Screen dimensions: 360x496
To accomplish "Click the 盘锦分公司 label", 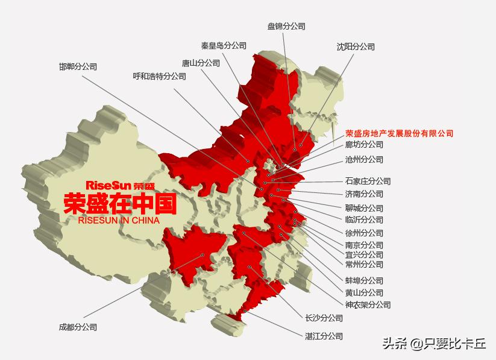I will point(286,27).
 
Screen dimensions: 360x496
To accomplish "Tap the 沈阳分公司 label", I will point(356,46).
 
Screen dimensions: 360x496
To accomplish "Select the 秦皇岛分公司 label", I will point(224,45).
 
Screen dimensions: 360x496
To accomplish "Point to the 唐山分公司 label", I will point(201,63).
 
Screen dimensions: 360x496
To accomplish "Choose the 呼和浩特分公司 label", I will point(160,77).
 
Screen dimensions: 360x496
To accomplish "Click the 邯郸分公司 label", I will point(78,67).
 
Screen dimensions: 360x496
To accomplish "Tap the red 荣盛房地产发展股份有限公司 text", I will point(399,133).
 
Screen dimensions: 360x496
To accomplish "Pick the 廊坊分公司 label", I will point(364,145).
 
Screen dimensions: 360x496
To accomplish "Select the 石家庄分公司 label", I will point(368,181).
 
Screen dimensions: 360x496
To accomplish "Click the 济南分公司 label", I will point(364,194).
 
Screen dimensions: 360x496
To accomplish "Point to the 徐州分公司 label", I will point(364,233).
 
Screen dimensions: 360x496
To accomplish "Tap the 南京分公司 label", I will point(364,245).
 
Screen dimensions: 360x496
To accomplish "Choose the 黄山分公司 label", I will point(364,292).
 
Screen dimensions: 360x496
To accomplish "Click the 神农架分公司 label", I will point(368,305).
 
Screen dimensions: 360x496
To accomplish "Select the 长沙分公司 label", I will point(324,318).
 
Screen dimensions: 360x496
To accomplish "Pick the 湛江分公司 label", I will point(324,336).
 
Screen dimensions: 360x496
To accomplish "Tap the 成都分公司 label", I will point(78,327).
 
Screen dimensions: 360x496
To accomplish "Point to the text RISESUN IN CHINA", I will point(119,221).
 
